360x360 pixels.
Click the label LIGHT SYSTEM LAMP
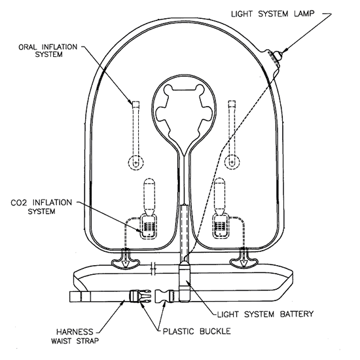tap(272, 14)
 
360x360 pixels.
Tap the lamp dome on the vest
tap(278, 54)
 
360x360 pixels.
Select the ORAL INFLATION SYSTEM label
tap(48, 51)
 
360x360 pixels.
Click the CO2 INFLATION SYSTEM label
tap(41, 207)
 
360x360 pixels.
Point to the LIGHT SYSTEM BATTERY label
tap(265, 314)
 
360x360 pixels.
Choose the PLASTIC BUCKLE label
tap(197, 331)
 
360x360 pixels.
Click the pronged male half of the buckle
tap(140, 297)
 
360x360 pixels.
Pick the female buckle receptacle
tap(164, 297)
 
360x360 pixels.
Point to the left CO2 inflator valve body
tap(149, 226)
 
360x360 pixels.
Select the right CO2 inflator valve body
tap(220, 226)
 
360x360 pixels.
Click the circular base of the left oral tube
tap(136, 163)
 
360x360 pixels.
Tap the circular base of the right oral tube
tap(232, 162)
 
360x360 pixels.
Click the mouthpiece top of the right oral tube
tap(232, 104)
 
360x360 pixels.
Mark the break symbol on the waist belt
tap(153, 268)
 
